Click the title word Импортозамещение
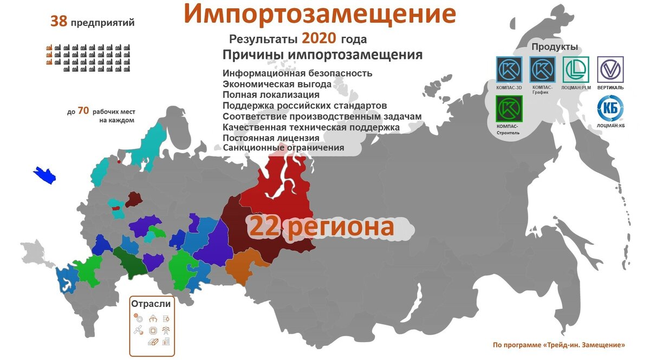click(x=319, y=15)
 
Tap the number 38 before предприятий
click(x=58, y=22)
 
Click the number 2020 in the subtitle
click(x=319, y=38)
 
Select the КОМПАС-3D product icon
click(x=509, y=70)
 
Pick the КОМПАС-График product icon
click(x=542, y=70)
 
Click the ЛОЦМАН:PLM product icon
click(x=576, y=70)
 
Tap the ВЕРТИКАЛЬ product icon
click(x=610, y=70)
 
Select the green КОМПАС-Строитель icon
click(x=509, y=108)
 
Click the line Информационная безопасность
click(x=297, y=74)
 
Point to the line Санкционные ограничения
click(x=283, y=147)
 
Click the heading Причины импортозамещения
click(x=322, y=56)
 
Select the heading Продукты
click(x=554, y=47)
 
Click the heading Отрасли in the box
click(x=152, y=304)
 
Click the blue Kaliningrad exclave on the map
click(x=45, y=175)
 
